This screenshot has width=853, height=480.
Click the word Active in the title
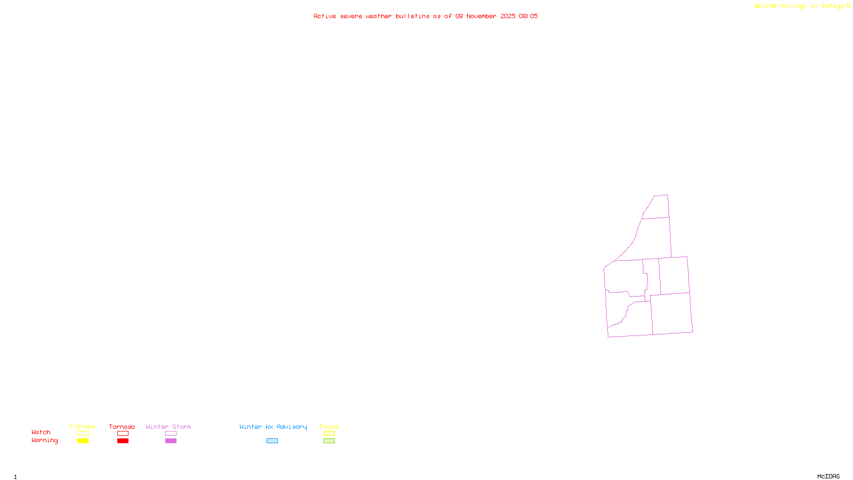[x=325, y=16]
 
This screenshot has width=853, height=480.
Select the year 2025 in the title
[x=508, y=16]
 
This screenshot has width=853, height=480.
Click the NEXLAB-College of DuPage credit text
[x=799, y=6]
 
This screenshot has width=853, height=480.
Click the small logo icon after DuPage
[x=848, y=6]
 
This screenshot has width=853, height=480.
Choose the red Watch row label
[x=41, y=433]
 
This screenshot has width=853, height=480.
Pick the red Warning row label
[x=45, y=441]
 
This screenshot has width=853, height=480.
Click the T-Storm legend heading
[x=82, y=427]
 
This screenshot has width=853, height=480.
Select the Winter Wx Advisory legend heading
[x=273, y=427]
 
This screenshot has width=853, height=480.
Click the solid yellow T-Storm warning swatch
[x=83, y=441]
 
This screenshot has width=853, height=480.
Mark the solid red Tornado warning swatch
[x=123, y=441]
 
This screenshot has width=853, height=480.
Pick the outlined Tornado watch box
[x=123, y=434]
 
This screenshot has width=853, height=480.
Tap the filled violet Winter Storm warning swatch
[x=171, y=441]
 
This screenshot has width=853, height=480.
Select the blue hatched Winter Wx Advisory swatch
[x=272, y=441]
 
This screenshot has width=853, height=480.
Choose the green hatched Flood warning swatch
[x=329, y=441]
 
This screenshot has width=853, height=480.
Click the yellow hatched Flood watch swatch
[x=329, y=434]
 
